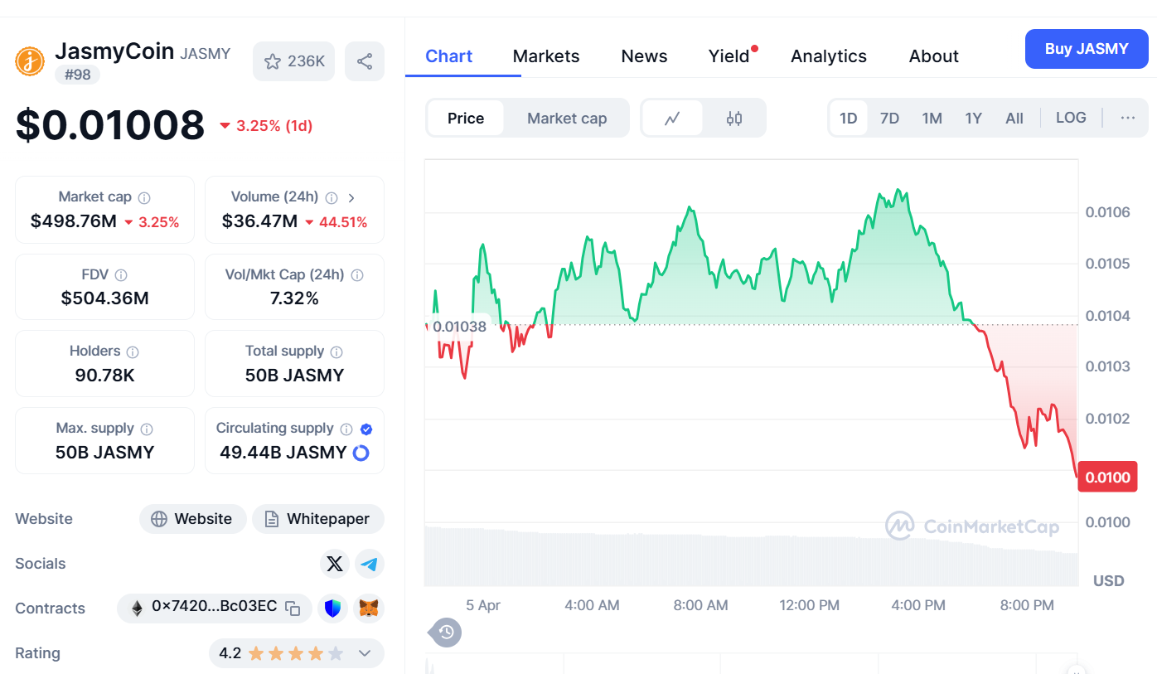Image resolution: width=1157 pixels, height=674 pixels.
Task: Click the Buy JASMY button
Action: point(1086,49)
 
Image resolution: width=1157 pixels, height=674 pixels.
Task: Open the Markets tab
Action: point(546,56)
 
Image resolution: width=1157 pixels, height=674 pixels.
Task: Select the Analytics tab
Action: point(829,56)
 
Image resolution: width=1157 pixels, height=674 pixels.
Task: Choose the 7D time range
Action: point(889,119)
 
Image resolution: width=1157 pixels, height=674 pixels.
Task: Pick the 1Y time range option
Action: point(973,119)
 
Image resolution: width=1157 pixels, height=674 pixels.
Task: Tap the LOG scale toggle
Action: point(1071,118)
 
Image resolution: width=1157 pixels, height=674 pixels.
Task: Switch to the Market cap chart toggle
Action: point(567,119)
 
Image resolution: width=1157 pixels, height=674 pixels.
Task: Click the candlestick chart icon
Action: point(734,119)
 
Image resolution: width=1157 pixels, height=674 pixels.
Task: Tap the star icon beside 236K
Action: point(273,61)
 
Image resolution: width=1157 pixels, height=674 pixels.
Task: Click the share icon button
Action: point(365,61)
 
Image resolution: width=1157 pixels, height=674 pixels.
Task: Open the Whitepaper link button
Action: point(318,519)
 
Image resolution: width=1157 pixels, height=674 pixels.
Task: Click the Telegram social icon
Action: point(370,564)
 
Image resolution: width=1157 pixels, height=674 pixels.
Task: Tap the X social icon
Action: point(335,564)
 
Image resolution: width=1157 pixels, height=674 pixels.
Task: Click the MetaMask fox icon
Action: point(370,609)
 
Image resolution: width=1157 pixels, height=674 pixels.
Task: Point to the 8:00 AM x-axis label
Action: point(700,605)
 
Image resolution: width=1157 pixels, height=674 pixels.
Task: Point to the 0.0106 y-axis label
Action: point(1107,212)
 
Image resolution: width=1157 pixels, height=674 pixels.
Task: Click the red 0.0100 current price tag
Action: point(1107,477)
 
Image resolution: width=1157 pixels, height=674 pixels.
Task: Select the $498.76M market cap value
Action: point(74,221)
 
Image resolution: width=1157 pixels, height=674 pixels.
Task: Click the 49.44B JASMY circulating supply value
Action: point(283,453)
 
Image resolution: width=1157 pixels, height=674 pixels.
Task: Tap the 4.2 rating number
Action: point(230,653)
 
